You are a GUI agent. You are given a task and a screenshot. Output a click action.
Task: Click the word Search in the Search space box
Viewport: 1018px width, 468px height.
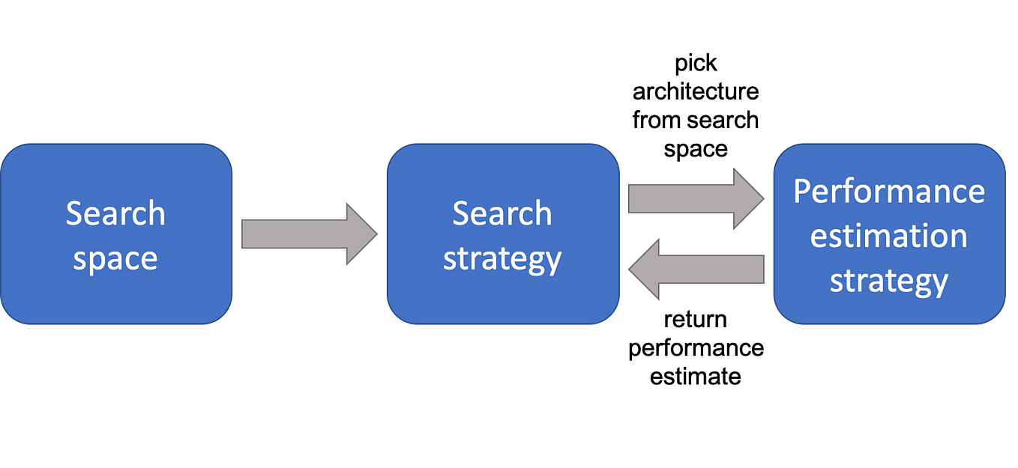[115, 213]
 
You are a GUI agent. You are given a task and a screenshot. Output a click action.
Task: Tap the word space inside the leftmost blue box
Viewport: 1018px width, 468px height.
[115, 259]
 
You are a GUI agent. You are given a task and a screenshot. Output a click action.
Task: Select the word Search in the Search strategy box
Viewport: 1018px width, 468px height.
[502, 213]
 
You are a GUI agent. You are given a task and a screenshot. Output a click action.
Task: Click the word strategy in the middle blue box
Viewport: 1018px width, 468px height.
[502, 259]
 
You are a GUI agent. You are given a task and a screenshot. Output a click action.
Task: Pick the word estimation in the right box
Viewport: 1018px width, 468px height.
[889, 237]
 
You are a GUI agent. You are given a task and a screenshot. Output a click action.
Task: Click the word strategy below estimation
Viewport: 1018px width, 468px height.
[889, 282]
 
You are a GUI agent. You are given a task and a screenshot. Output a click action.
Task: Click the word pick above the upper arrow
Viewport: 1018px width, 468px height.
[696, 64]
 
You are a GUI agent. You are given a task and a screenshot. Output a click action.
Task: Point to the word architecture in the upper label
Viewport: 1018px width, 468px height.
[696, 92]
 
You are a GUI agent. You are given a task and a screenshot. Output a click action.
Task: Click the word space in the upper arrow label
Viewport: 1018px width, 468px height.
[696, 149]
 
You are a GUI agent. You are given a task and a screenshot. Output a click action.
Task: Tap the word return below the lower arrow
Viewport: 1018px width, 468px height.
[696, 320]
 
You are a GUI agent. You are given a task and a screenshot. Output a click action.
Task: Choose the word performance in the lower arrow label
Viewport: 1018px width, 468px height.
[696, 348]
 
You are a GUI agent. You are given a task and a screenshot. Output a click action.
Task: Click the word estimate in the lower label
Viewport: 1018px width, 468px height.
[696, 376]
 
